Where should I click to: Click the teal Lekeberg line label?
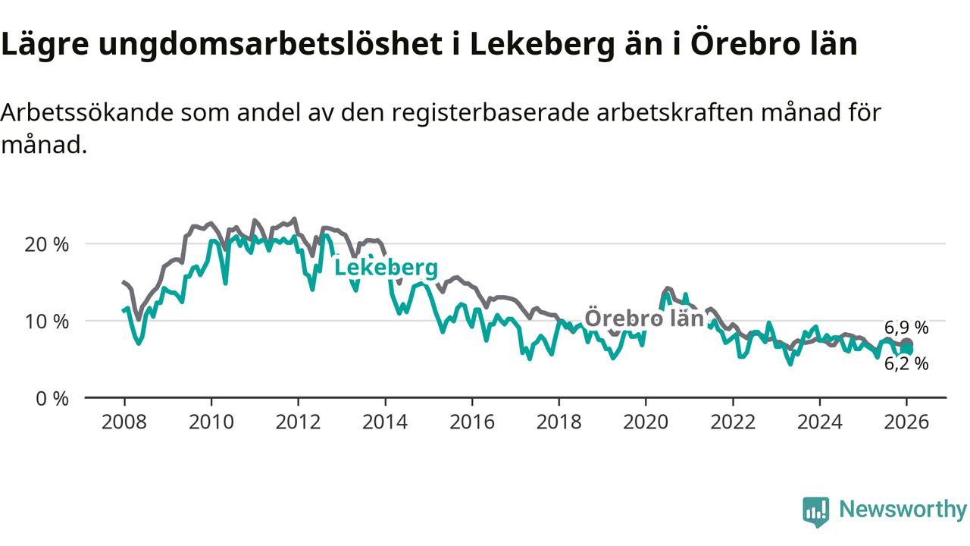click(x=386, y=268)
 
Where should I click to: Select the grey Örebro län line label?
click(x=644, y=318)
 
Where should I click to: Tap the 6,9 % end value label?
click(x=906, y=328)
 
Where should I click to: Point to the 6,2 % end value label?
click(x=906, y=364)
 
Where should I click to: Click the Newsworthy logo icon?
click(x=816, y=512)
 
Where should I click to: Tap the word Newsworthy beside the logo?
click(x=903, y=510)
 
